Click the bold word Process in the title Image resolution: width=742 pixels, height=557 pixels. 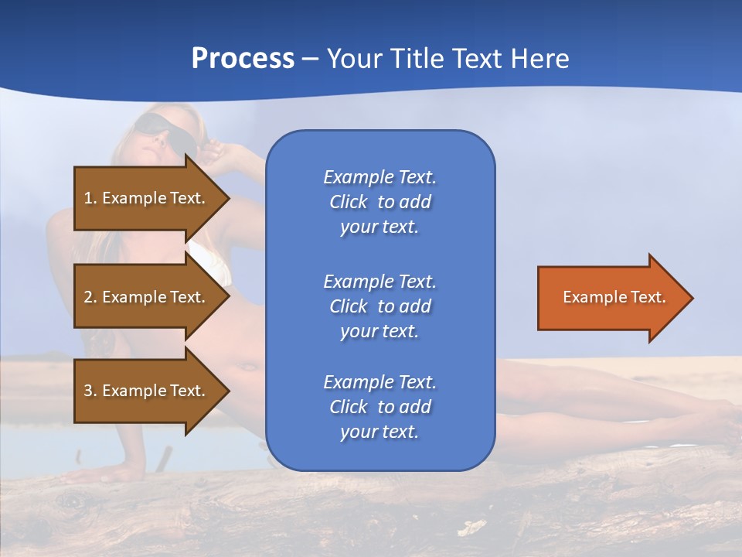tap(243, 59)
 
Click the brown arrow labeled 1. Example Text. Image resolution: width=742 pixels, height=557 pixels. tap(147, 198)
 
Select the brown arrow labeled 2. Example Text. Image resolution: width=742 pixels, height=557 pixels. tap(147, 297)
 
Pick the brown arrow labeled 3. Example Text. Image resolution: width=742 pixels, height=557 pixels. tap(147, 391)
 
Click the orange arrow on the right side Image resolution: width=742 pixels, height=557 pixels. tap(611, 298)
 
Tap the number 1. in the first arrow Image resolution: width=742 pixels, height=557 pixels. tap(90, 198)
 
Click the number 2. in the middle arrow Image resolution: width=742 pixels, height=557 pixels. tap(90, 297)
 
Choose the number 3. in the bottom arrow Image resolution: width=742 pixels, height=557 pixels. tap(90, 391)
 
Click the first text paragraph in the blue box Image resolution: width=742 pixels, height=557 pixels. tap(380, 202)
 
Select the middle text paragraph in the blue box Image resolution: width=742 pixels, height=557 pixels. tap(380, 306)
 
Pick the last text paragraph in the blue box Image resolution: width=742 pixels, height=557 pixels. tap(380, 407)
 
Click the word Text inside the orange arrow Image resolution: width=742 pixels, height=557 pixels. tap(648, 297)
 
